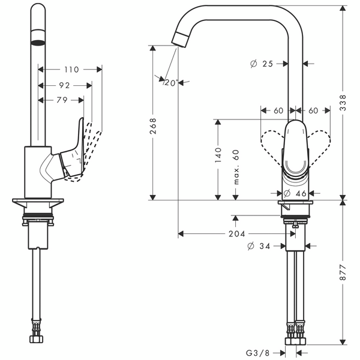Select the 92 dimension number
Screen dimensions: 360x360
tap(64, 85)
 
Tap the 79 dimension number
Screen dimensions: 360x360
tap(61, 100)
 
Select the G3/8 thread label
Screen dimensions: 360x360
tap(257, 353)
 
